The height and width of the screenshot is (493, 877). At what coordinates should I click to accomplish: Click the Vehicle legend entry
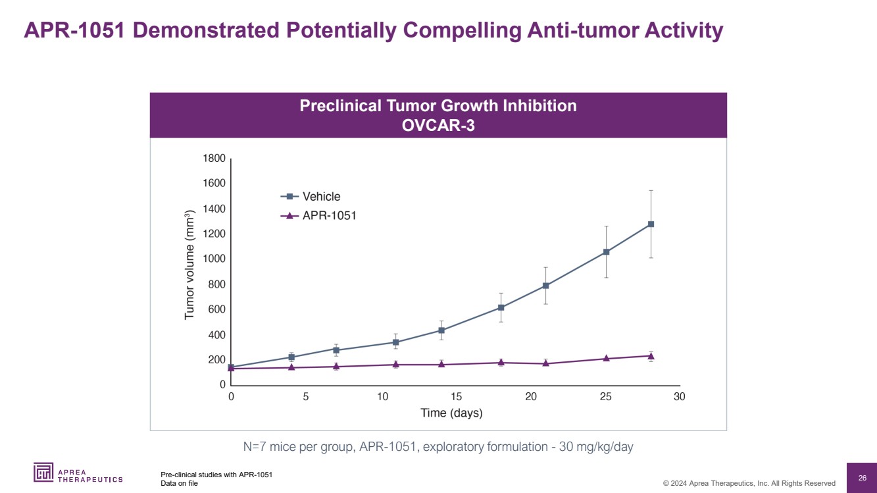(321, 196)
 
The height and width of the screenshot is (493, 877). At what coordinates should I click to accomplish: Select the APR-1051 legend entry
(329, 215)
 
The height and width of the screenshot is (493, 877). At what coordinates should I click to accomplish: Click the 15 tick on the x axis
(456, 397)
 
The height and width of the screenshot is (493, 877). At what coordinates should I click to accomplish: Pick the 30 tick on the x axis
(680, 397)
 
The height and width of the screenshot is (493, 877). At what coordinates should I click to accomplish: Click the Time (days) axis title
(451, 413)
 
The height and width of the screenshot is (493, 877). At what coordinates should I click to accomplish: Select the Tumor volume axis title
(190, 265)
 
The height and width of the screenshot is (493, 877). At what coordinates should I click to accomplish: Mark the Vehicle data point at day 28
(651, 224)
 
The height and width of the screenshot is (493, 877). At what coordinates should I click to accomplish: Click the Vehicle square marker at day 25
(606, 252)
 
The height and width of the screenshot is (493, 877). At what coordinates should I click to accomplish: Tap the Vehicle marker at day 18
(501, 307)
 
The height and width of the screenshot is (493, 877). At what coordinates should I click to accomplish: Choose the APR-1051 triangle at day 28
(651, 355)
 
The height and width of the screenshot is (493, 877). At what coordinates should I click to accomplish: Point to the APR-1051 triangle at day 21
(546, 363)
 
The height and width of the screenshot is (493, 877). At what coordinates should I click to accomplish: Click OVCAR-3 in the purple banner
(438, 125)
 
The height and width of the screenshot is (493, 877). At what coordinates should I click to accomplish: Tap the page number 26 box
(862, 477)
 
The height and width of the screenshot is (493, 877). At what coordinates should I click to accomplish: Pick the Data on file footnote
(179, 483)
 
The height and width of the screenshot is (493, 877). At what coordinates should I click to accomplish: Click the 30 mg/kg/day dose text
(595, 448)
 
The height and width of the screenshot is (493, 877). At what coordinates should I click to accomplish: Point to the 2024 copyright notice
(749, 483)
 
